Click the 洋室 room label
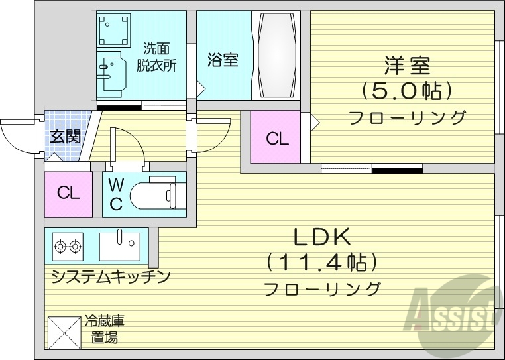407,66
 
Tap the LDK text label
322,237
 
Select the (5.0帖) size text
407,90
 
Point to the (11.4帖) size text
322,263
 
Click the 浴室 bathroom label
222,60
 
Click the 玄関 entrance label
66,137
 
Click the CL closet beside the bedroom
277,139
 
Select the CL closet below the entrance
68,194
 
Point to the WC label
115,194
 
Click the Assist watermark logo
455,312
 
